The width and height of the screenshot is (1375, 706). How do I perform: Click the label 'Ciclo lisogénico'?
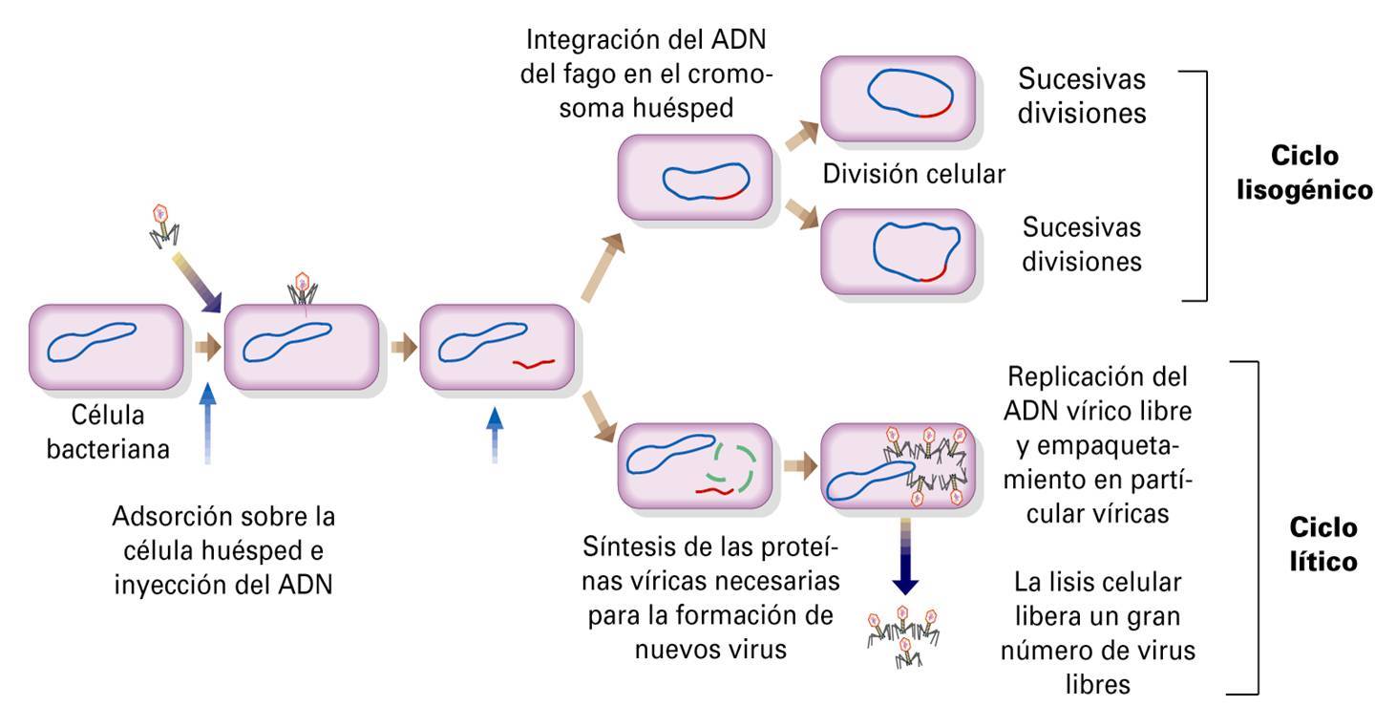[1304, 173]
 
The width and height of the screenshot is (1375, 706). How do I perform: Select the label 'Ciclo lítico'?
[1322, 545]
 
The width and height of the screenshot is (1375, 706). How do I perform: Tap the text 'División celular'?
[914, 174]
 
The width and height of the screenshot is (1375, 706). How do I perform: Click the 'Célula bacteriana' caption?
[108, 432]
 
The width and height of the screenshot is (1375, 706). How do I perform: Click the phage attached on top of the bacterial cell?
[302, 289]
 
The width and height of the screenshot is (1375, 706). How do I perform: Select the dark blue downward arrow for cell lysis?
[905, 556]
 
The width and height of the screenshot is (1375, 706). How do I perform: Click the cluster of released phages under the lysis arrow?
[903, 636]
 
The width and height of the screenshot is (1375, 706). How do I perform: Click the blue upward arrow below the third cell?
[495, 436]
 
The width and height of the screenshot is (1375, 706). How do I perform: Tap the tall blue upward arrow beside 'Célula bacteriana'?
[208, 423]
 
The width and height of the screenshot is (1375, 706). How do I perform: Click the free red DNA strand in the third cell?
[534, 364]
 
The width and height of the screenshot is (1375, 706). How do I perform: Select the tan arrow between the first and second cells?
[207, 347]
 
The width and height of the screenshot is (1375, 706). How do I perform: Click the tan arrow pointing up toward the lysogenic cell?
[603, 267]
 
